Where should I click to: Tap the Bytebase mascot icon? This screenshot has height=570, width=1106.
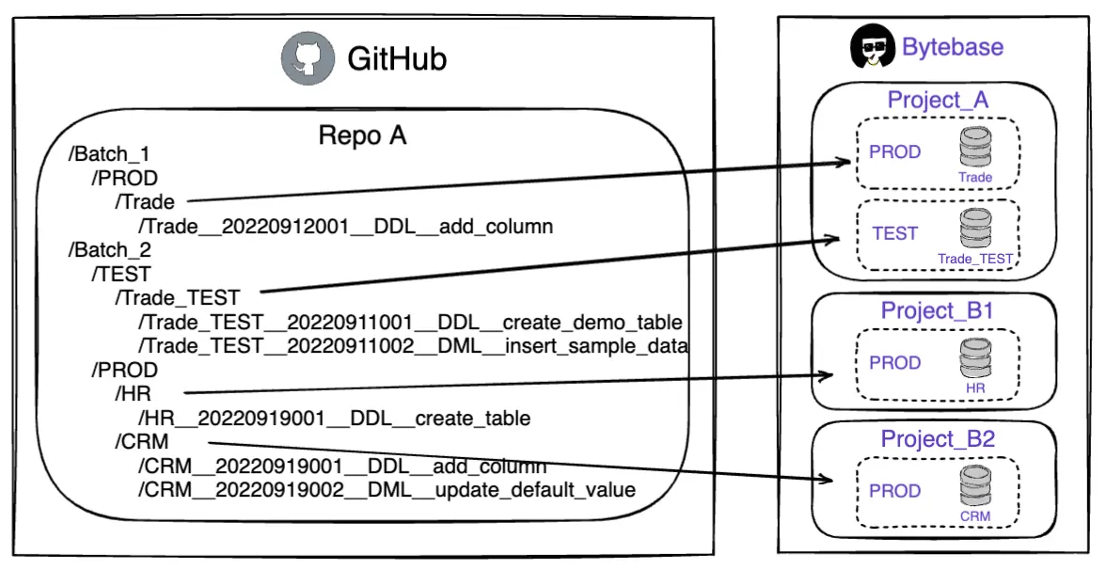(x=872, y=47)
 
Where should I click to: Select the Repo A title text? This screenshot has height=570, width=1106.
(x=362, y=135)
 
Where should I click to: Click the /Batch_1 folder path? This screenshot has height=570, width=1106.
(x=109, y=153)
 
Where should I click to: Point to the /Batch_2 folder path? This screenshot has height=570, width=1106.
(x=109, y=250)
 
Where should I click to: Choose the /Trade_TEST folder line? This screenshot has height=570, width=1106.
(x=177, y=298)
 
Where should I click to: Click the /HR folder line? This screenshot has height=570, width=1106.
(x=133, y=394)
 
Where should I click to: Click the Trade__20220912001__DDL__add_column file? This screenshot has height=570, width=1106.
(x=345, y=226)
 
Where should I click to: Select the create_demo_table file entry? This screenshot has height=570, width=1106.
(x=409, y=323)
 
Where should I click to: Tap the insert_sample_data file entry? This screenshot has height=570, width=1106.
(x=413, y=346)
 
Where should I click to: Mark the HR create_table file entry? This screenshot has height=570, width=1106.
(x=334, y=418)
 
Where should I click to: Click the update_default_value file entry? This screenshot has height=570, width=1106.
(x=387, y=490)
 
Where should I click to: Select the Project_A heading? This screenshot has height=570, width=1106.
(x=938, y=100)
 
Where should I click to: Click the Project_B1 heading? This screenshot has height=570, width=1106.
(x=938, y=310)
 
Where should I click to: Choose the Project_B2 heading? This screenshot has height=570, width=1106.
(x=938, y=438)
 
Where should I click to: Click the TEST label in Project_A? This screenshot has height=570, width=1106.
(x=894, y=233)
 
